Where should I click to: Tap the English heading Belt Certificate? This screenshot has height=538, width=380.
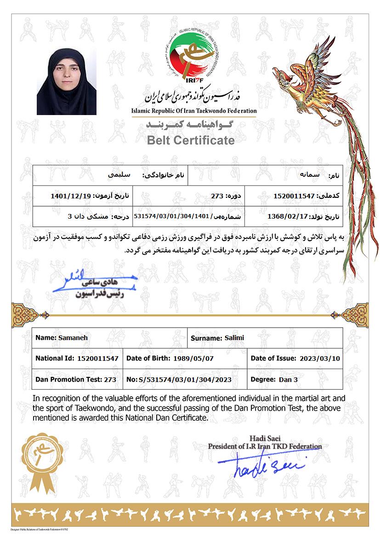click(191, 140)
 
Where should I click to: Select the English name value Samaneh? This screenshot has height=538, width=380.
click(73, 337)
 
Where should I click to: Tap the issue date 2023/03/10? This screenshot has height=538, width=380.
click(319, 358)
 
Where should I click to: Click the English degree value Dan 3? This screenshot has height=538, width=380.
click(289, 380)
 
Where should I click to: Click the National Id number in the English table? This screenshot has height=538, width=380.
click(98, 358)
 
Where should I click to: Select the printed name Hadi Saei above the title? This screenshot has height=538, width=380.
click(265, 438)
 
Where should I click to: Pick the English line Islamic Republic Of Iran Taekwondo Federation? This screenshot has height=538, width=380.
click(193, 111)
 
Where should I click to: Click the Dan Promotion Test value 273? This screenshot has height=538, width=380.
click(110, 380)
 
